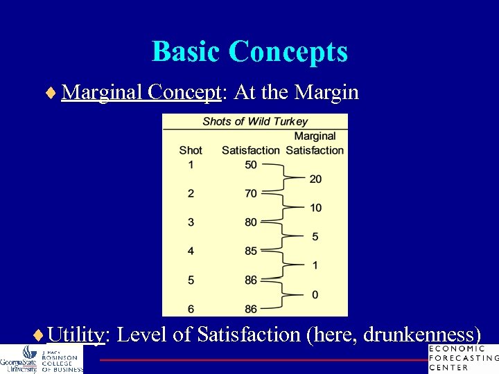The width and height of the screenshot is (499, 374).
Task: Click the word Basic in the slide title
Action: point(186,52)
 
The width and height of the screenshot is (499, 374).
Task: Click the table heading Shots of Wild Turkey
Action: point(255,122)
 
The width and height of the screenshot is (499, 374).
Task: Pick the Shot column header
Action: point(191,150)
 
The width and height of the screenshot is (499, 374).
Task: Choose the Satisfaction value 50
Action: point(251,165)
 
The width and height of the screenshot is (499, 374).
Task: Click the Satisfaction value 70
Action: point(251,194)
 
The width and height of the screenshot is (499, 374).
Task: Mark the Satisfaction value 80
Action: point(251,222)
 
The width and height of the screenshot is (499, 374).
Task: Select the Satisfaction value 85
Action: point(251,251)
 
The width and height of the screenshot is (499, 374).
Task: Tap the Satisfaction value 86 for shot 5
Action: point(251,280)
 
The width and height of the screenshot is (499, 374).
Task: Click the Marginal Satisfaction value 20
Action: point(315,179)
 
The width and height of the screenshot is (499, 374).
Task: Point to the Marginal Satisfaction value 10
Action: point(315,208)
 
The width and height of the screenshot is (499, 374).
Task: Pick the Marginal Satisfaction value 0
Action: point(315,295)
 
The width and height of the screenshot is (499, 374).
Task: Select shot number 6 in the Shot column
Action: point(191,309)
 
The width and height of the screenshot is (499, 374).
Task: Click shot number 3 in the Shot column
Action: point(191,222)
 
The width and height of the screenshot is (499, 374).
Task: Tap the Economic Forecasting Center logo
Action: point(463,358)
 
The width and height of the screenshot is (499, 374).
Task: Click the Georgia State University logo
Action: point(19,359)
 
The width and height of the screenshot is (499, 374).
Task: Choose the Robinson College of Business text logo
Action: point(61,360)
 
